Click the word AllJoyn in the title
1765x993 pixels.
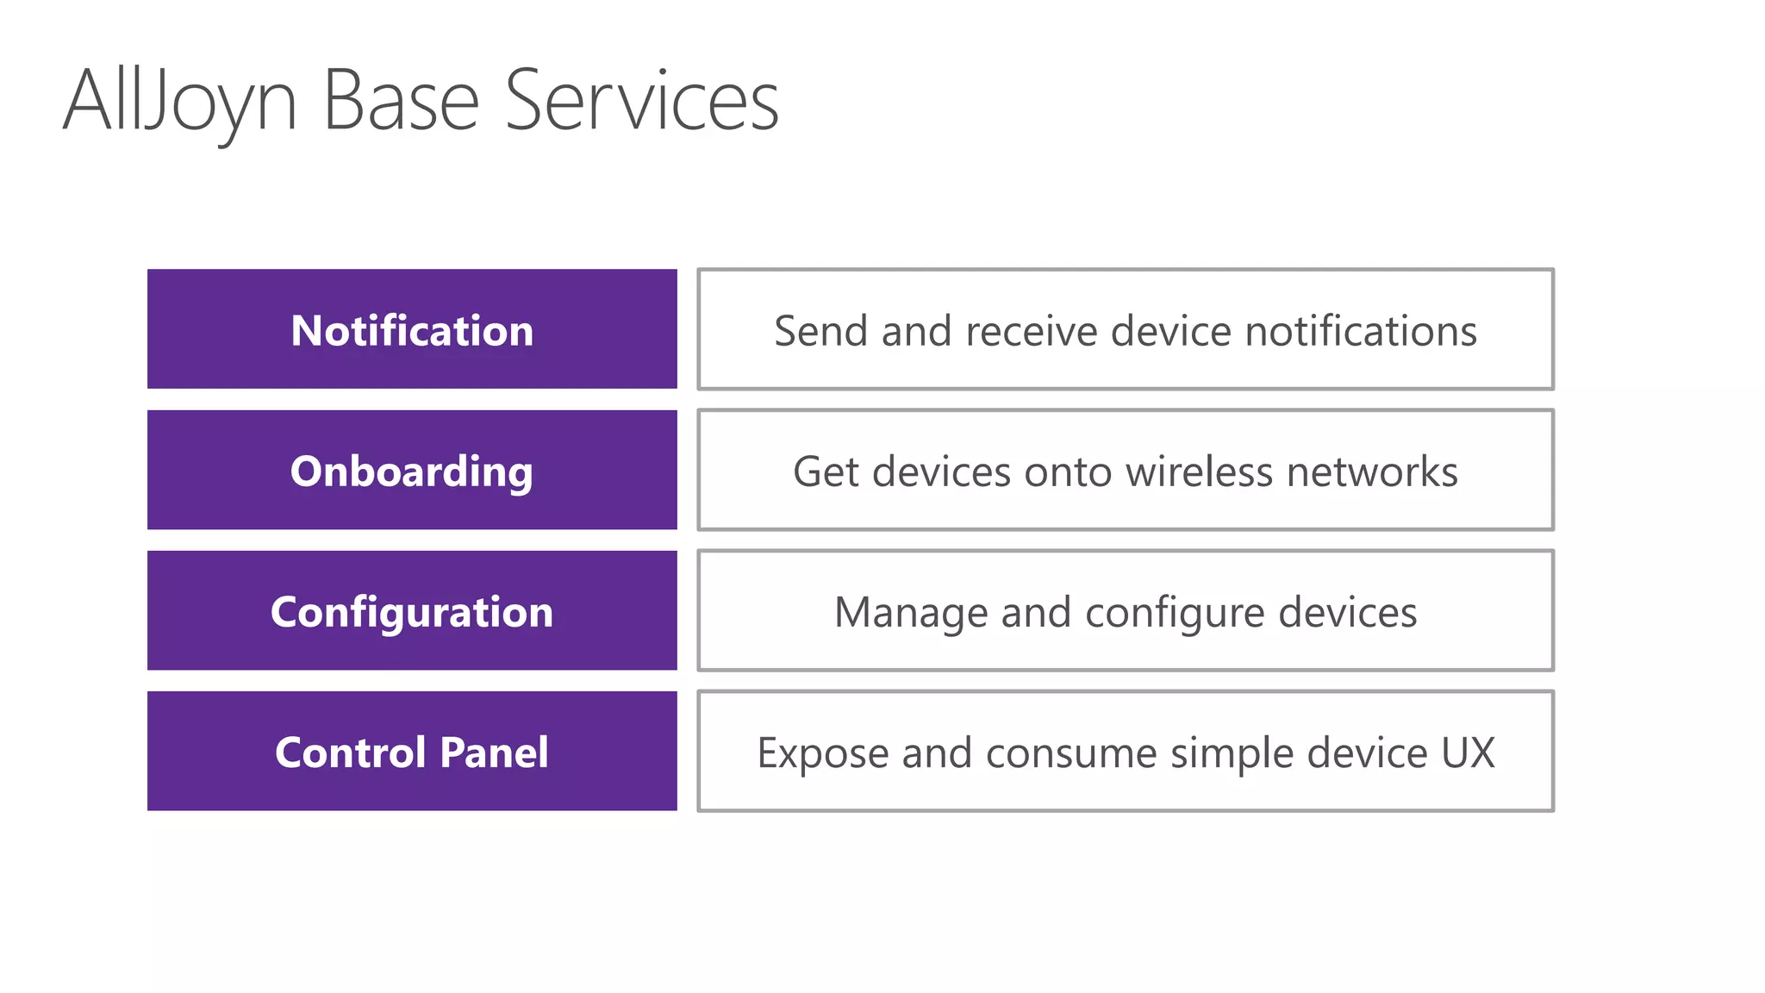point(180,102)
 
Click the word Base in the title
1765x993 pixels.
point(401,102)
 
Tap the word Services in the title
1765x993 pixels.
point(641,102)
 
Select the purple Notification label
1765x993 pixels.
point(412,331)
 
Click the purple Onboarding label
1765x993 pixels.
point(412,472)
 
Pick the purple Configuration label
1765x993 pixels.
point(412,612)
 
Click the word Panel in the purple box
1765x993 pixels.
point(494,753)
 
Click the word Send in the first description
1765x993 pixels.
point(820,331)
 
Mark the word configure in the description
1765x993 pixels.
point(1175,613)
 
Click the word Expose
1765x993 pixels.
point(822,753)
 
